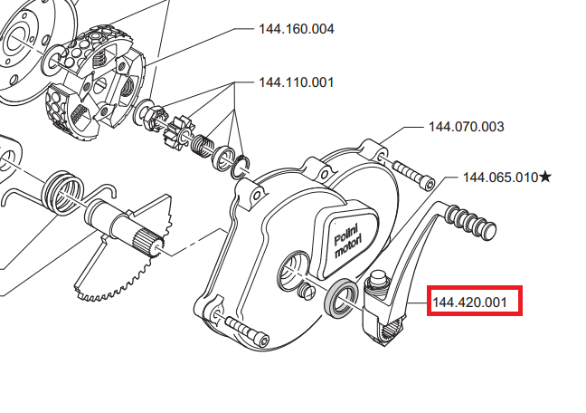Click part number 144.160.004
(x=297, y=29)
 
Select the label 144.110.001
(x=296, y=82)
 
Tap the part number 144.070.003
(x=466, y=127)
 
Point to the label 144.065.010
(x=500, y=178)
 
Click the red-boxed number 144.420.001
(x=469, y=302)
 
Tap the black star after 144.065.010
(x=545, y=177)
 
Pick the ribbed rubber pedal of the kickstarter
(x=471, y=223)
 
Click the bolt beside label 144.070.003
(x=414, y=175)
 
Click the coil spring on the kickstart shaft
(x=62, y=193)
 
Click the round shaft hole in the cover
(x=294, y=270)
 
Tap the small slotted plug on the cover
(x=307, y=291)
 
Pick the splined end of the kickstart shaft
(x=148, y=245)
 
